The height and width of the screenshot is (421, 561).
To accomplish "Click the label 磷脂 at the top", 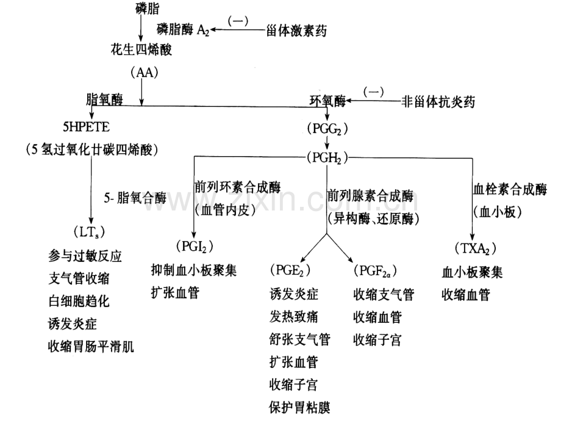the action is (x=148, y=8).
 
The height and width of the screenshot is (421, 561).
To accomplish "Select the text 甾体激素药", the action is (x=296, y=31).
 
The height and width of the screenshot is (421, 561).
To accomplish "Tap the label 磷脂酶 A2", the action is (x=183, y=30).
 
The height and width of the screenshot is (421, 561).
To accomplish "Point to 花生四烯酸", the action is (x=141, y=49).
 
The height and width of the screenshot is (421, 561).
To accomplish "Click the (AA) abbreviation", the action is (x=145, y=73).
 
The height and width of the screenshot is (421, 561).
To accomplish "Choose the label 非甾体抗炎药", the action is (x=438, y=102).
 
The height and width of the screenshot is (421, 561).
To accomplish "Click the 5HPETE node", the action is (x=86, y=127).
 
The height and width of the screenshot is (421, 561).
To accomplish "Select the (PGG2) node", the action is (x=327, y=129).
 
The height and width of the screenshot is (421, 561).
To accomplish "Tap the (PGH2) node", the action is (x=327, y=158).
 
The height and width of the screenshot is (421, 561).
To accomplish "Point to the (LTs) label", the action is (x=89, y=232).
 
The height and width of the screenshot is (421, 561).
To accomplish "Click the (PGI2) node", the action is (x=195, y=246).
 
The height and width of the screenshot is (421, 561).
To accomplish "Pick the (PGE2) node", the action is (x=290, y=270).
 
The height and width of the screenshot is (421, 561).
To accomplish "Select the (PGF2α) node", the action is (x=375, y=271).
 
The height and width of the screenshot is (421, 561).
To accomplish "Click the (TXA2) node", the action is (x=476, y=249).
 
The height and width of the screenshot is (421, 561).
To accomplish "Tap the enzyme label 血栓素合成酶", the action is (x=510, y=189).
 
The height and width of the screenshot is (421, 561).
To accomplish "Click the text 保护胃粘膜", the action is (x=299, y=408).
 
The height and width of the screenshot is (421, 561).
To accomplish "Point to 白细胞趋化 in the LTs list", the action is (x=79, y=301).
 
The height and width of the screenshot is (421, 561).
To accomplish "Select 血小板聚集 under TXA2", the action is (x=472, y=273).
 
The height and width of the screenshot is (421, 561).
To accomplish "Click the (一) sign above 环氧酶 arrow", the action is (x=374, y=92).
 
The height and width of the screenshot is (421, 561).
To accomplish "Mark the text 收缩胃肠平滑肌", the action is (x=91, y=347).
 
